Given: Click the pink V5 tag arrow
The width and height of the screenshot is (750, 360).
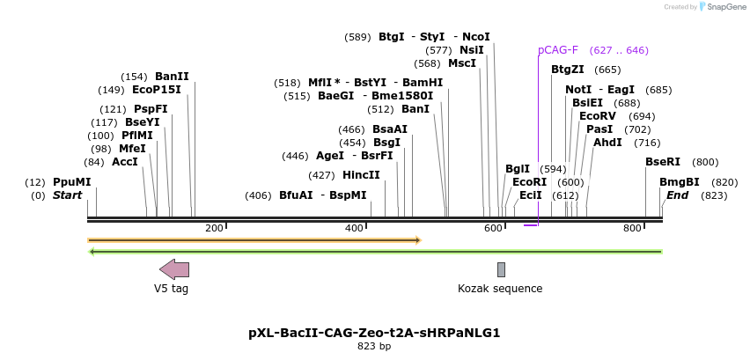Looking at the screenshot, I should click(173, 269).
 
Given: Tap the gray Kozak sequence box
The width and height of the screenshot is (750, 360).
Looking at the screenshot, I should click(501, 269).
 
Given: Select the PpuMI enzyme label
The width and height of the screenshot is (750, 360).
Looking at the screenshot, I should click(71, 181).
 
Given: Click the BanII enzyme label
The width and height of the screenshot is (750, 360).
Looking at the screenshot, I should click(172, 76).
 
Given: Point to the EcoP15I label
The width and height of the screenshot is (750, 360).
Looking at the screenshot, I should click(156, 89).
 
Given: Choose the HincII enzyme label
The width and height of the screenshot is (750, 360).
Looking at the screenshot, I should click(361, 174).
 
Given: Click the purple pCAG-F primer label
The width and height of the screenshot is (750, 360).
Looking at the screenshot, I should click(558, 50).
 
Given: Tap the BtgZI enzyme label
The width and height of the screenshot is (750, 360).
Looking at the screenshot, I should click(568, 70).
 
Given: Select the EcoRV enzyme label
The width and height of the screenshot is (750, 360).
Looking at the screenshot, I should click(598, 116).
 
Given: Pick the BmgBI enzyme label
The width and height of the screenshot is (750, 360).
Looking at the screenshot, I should click(680, 181).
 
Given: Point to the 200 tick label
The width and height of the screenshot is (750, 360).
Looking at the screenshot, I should click(214, 229).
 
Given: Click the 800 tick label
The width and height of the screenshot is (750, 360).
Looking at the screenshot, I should click(632, 229).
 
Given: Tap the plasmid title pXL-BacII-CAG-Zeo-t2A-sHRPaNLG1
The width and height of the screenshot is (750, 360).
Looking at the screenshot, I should click(374, 333).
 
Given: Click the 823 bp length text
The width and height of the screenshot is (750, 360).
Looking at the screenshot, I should click(374, 346).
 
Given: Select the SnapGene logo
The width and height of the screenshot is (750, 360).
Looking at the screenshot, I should click(722, 7).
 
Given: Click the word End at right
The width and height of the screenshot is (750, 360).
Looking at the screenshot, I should click(677, 195).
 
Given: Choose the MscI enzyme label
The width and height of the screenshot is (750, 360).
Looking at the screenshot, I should click(462, 63).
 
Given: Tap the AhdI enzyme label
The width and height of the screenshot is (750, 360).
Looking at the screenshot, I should click(607, 142).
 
